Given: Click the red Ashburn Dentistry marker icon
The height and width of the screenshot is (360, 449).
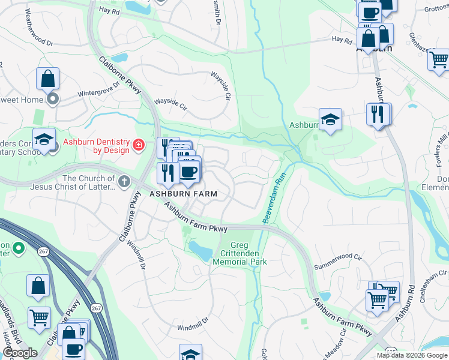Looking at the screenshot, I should [139, 145].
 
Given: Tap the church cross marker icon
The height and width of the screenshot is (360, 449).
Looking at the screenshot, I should [124, 181].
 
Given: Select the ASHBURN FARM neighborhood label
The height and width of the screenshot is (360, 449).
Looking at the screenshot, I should [184, 194].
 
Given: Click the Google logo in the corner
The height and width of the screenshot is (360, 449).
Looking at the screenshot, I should [19, 353].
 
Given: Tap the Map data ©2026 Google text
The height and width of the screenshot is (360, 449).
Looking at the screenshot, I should [412, 355].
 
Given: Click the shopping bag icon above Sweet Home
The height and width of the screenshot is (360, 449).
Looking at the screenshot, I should [47, 79].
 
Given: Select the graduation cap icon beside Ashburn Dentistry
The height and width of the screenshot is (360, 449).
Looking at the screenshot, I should [44, 139].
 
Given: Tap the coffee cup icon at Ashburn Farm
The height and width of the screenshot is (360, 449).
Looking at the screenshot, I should [189, 172].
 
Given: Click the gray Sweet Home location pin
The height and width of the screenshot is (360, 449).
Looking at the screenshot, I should [53, 98].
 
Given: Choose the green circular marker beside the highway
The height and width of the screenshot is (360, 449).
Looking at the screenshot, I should [18, 247].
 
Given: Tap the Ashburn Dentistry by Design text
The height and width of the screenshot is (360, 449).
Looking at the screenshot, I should [96, 146].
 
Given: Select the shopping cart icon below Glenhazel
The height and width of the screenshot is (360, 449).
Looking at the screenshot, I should [439, 60].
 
